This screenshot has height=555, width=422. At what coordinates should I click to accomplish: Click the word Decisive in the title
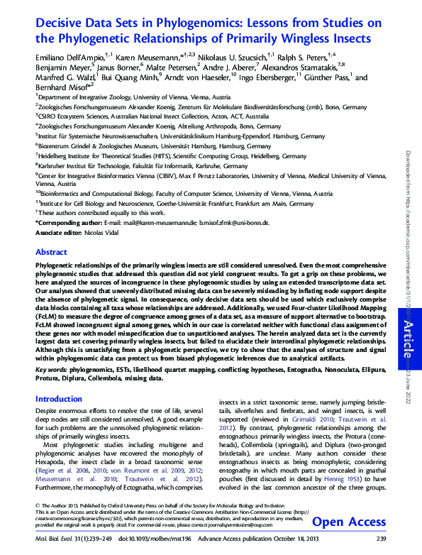tap(60, 23)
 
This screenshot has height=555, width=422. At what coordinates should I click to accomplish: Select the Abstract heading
tap(51, 252)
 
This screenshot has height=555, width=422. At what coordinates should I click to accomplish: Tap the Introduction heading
tap(59, 400)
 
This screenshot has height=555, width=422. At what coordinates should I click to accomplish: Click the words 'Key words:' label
tap(52, 370)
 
